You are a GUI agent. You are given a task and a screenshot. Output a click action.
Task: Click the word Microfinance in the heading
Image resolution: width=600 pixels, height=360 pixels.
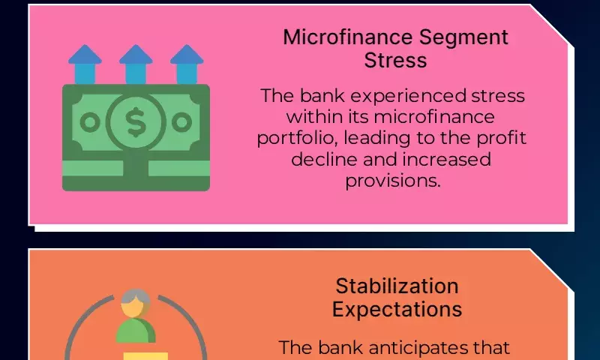point(348,37)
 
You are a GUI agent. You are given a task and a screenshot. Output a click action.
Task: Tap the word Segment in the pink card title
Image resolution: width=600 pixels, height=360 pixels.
point(463,38)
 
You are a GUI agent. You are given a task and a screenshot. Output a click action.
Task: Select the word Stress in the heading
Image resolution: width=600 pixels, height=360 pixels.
point(395,61)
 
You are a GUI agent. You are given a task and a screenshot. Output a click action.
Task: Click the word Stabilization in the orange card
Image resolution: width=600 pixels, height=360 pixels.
point(397,286)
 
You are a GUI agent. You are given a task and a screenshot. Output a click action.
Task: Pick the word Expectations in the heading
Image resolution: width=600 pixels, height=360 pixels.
point(397,310)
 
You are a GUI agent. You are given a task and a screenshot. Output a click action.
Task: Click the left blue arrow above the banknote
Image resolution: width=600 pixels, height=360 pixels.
point(85,64)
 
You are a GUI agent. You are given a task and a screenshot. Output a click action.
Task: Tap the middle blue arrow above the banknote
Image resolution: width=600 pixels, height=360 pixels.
point(136,64)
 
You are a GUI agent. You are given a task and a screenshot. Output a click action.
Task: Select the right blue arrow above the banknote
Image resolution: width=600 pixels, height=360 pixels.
point(187,64)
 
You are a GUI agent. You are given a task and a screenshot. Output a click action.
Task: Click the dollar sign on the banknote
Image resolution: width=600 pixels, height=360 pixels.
point(136,122)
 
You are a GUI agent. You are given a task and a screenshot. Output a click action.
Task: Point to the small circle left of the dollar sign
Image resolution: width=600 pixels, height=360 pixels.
point(90,122)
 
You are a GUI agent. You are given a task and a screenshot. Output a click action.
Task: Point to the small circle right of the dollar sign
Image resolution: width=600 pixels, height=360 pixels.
point(181,122)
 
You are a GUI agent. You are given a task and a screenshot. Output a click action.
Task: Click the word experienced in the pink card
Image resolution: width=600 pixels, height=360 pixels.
point(408,97)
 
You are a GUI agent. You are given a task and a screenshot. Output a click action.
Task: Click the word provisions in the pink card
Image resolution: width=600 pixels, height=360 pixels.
point(393,181)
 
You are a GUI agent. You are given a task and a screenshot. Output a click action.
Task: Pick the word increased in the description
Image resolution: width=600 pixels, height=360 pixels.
point(446,159)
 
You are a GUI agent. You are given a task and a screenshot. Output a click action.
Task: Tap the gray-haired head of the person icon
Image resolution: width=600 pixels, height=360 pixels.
point(136,303)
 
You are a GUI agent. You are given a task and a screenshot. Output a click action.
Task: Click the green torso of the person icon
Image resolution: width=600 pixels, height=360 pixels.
point(136,331)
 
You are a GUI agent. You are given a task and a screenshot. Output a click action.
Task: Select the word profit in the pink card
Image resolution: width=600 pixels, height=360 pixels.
point(501,139)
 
